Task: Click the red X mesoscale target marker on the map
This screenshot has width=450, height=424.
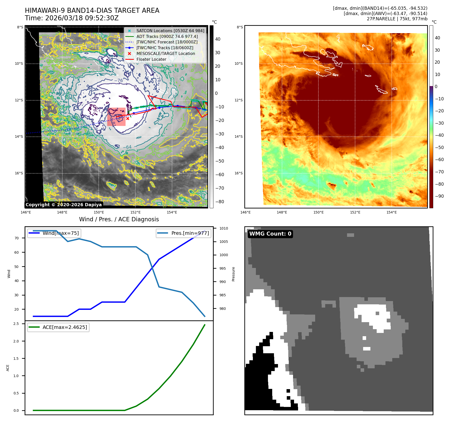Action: coord(128,118)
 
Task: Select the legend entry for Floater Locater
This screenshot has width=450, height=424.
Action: coord(151,59)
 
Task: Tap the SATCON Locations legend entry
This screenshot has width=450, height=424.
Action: coord(170,31)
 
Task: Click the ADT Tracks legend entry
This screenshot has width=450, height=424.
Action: coord(167,37)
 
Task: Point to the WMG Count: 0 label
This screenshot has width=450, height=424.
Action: coord(270,234)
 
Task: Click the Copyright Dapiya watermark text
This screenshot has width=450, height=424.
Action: coord(64,205)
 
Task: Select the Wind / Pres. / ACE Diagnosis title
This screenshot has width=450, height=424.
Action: coord(119,220)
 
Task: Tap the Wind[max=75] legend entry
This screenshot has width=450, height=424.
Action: coord(61,233)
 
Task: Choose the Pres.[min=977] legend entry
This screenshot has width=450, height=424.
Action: coord(190,233)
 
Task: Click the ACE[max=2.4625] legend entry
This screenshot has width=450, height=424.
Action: coord(65,327)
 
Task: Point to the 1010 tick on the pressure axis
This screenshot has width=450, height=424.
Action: coord(223,229)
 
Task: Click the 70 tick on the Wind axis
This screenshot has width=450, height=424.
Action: coord(17,238)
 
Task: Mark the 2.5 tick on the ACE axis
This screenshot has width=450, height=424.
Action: coord(16,324)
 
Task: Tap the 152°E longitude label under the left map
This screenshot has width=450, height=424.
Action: coord(135,213)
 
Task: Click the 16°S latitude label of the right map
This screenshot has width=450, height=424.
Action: coord(239,173)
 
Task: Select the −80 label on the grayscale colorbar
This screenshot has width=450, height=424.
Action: coord(219,202)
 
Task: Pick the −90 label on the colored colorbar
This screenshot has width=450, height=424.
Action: coord(439,196)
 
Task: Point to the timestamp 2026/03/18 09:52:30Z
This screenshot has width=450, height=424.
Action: coord(82,18)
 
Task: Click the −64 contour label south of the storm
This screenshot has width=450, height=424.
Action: coord(127,147)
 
